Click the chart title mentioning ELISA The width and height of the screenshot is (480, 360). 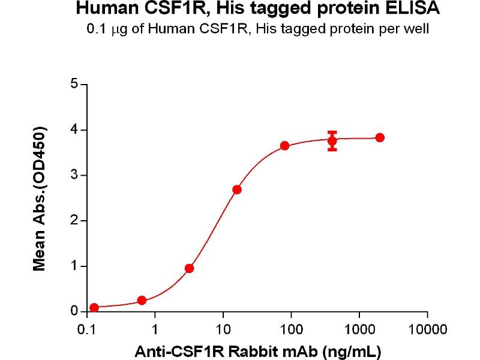coord(258,10)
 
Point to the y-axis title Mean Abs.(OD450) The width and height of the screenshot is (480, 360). coord(40,199)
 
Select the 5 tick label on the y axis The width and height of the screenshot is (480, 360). coord(75,84)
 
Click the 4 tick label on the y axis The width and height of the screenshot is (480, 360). coord(75,130)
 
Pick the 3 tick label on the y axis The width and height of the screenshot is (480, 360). coord(75,175)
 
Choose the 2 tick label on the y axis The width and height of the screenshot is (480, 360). coord(75,221)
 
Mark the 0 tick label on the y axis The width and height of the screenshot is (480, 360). coord(75,311)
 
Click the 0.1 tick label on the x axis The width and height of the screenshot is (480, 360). coord(87,329)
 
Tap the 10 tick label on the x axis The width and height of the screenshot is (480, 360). coord(223,329)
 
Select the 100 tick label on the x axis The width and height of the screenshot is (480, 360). coord(291,329)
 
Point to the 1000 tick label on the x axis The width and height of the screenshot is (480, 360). coord(359,329)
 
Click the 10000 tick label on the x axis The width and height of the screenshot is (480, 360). coord(427,329)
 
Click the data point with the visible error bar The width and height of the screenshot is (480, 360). coord(332,140)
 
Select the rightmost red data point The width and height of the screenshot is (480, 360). coord(379,137)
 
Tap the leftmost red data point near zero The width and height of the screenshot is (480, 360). coord(94,308)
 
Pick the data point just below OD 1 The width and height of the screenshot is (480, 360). coord(189,268)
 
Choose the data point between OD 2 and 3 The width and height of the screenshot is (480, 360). coord(237,190)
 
